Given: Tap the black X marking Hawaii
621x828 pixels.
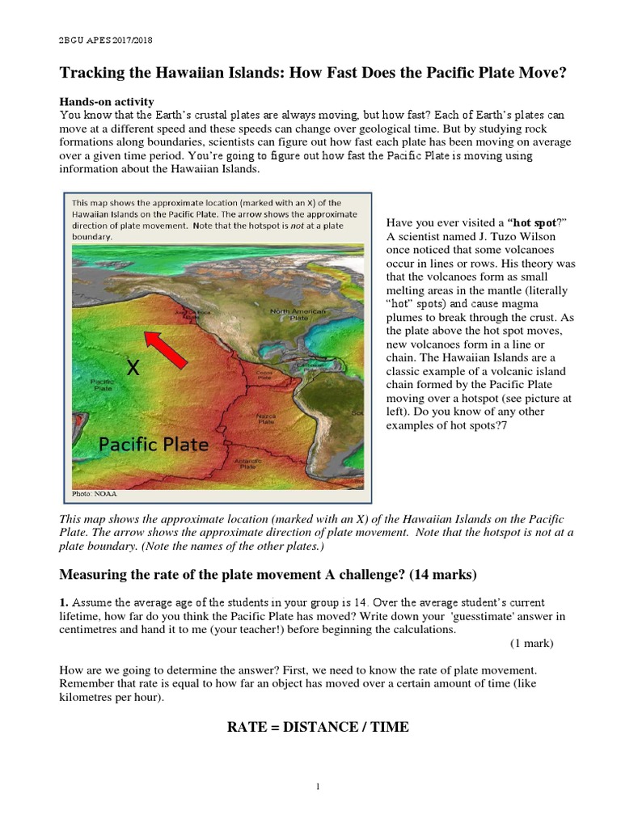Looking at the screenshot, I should (x=133, y=369).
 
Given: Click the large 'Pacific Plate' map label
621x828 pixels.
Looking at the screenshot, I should (x=154, y=444).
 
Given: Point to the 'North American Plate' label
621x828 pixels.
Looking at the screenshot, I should (x=298, y=315).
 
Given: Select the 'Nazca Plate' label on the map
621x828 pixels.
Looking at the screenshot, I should (x=265, y=419).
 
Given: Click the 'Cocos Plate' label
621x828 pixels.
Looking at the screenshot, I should (x=264, y=375).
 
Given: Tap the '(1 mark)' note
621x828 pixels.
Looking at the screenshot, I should (x=532, y=643).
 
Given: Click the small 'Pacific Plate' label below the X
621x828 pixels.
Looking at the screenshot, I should (x=101, y=384).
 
